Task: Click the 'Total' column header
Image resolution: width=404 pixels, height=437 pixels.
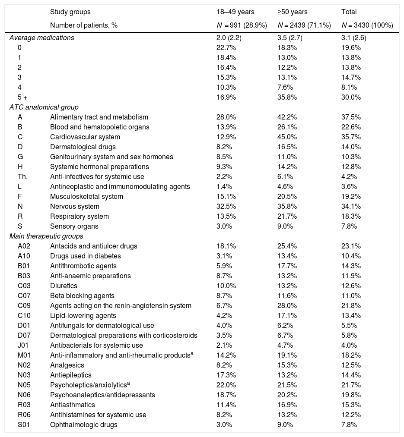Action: point(349,12)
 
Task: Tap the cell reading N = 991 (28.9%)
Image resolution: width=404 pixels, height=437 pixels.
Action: point(242,25)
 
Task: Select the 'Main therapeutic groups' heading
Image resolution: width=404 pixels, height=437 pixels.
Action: point(46,236)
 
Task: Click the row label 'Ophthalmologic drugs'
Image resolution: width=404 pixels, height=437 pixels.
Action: point(83,424)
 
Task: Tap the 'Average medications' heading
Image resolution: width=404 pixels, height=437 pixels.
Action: point(41,38)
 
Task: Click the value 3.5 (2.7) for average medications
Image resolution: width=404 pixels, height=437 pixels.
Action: point(289,38)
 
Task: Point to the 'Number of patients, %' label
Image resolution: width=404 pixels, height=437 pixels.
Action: point(84,25)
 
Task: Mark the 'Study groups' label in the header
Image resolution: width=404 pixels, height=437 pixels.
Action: point(70,12)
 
